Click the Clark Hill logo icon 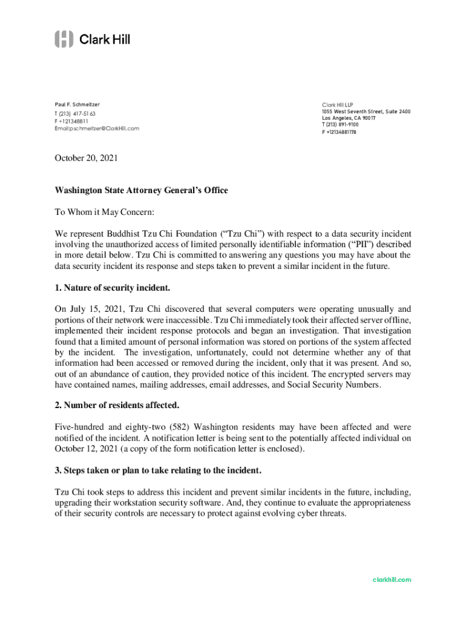point(64,39)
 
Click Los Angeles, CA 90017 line point(349,118)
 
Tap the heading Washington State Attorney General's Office point(141,190)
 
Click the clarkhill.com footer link point(392,579)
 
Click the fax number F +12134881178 point(339,132)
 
